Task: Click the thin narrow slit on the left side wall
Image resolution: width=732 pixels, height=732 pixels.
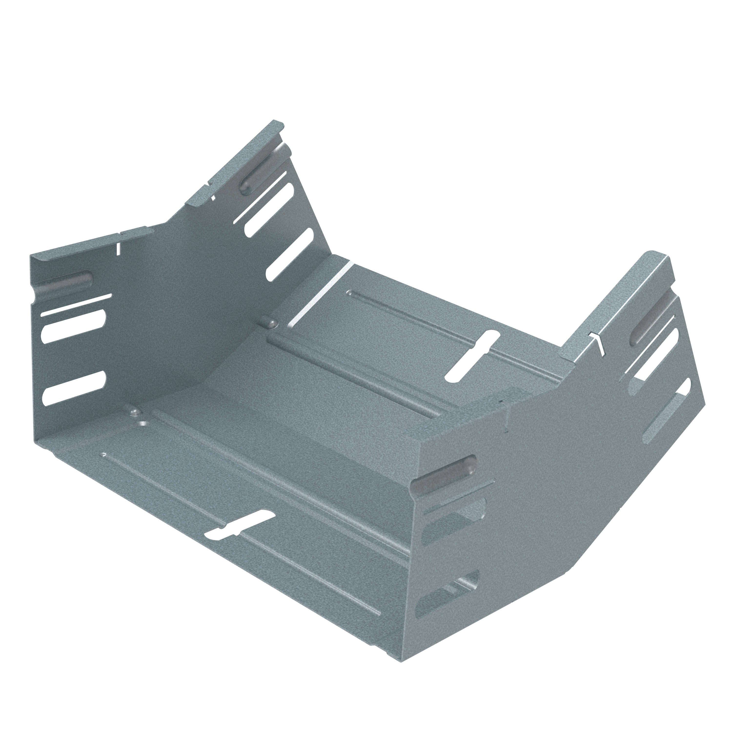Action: click(76, 305)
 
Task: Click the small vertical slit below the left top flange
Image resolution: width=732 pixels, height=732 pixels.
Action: click(119, 248)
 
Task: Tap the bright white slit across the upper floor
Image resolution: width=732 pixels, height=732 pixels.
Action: click(319, 296)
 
